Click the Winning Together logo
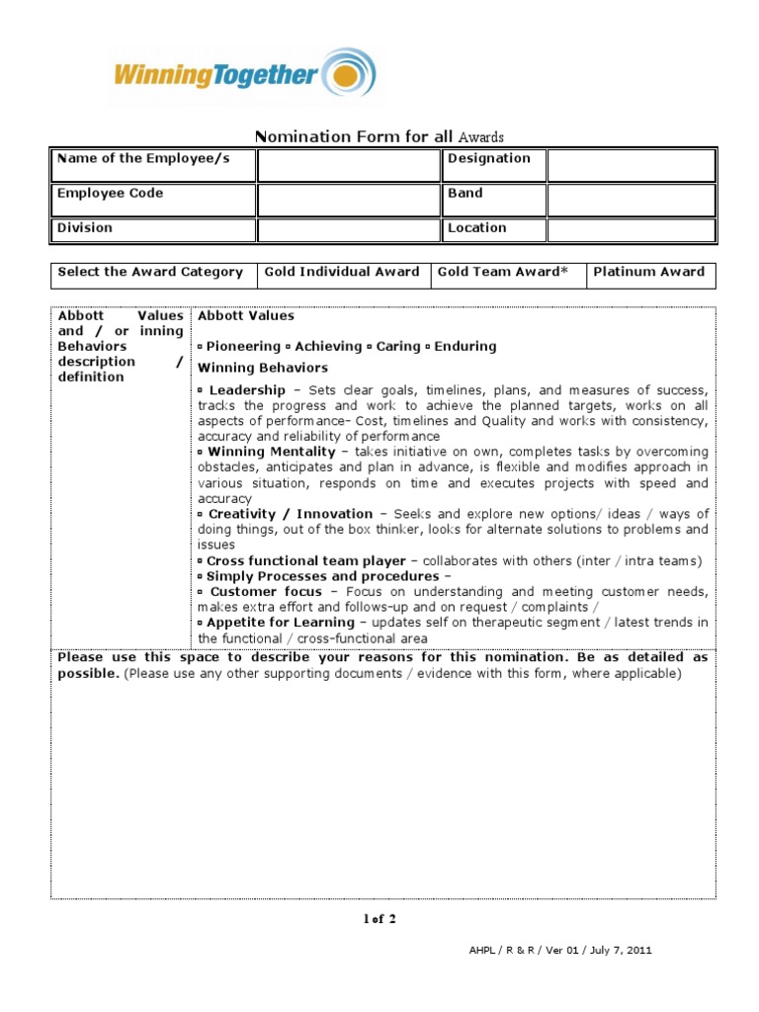click(243, 74)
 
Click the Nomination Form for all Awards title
click(380, 137)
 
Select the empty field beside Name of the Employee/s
click(347, 165)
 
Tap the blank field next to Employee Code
click(347, 200)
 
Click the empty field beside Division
click(347, 230)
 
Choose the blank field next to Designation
click(631, 165)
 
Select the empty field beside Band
click(631, 200)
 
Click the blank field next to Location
click(631, 230)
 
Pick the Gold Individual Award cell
click(342, 273)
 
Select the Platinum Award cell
click(648, 273)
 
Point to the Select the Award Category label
click(150, 273)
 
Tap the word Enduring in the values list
click(465, 347)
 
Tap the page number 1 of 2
click(379, 919)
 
